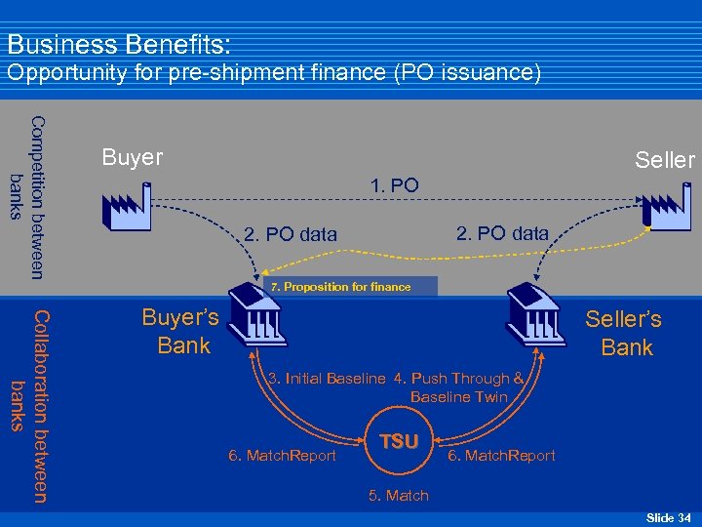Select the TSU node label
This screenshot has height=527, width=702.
pos(398,442)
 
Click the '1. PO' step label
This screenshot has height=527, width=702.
pos(395,184)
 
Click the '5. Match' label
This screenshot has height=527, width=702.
pos(398,496)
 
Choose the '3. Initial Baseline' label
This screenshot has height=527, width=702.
pos(327,379)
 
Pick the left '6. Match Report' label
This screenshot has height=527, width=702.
pos(281,456)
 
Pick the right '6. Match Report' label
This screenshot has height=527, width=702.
pos(501,456)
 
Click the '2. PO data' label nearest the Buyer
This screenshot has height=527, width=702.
pos(290,234)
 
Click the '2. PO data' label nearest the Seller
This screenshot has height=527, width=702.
pos(502,232)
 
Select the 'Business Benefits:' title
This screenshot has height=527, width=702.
pos(119,45)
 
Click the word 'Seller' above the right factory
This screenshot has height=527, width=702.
pos(664,160)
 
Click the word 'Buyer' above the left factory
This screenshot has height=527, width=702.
pos(133,157)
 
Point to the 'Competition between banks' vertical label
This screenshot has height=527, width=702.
pos(26,195)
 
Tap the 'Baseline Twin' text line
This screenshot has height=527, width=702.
pos(459,397)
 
